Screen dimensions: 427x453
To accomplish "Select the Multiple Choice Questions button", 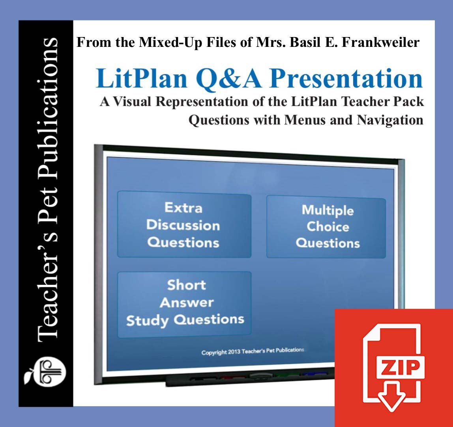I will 327,227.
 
